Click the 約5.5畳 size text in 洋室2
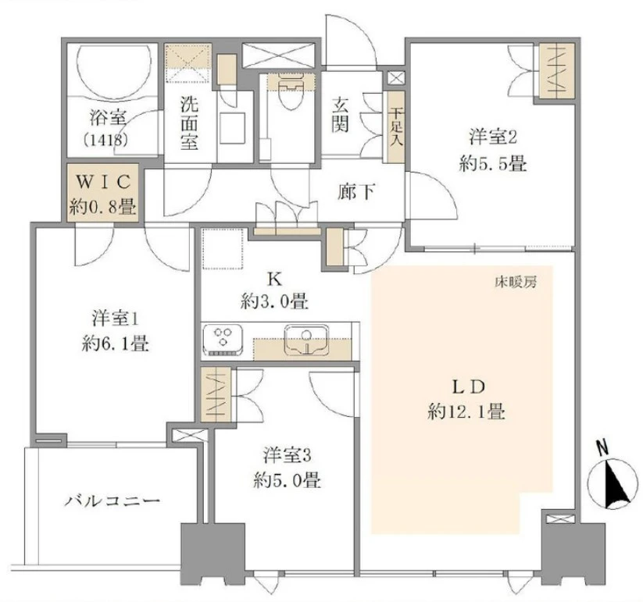[491, 166]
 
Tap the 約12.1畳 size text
[466, 411]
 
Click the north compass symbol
[613, 482]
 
